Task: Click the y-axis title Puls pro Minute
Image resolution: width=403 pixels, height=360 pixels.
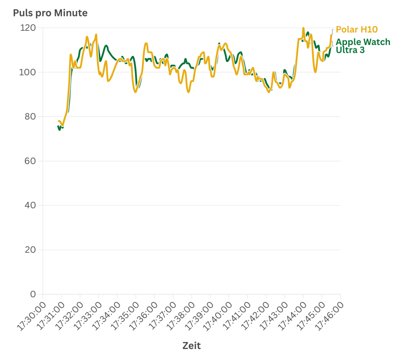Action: click(x=50, y=13)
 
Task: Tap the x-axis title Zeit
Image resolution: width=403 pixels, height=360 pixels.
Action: click(x=191, y=346)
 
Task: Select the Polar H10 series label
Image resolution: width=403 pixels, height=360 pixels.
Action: click(x=357, y=30)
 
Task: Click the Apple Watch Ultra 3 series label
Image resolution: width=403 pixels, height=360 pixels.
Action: click(x=362, y=46)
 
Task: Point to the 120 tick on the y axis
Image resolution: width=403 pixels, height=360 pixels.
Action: click(x=28, y=28)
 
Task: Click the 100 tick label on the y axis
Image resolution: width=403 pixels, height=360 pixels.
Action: click(x=28, y=73)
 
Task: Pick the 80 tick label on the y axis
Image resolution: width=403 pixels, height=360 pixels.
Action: click(x=30, y=117)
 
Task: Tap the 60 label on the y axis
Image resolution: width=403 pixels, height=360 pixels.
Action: click(x=30, y=161)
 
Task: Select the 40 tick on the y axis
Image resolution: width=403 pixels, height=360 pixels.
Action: click(x=30, y=205)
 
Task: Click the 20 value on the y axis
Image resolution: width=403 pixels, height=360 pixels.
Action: click(x=30, y=250)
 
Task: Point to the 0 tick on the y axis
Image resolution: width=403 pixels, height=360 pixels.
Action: click(x=33, y=294)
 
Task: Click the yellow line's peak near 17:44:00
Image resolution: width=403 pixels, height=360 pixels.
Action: click(x=303, y=28)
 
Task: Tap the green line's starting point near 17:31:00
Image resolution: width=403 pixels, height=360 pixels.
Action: click(x=58, y=125)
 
